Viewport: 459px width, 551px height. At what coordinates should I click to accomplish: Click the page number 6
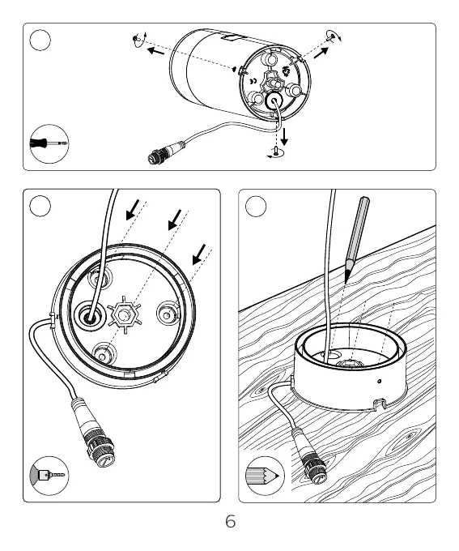(231, 522)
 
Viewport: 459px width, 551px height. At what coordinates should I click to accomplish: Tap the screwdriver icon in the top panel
(49, 143)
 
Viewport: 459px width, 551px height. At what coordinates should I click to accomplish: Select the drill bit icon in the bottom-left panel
(51, 475)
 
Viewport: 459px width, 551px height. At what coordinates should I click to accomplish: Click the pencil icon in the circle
(262, 476)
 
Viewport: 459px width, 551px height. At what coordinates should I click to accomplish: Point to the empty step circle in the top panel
(40, 40)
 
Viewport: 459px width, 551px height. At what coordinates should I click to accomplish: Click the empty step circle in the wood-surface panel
(256, 207)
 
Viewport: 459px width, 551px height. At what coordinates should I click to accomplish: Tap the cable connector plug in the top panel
(166, 153)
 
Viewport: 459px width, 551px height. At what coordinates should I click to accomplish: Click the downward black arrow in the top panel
(284, 137)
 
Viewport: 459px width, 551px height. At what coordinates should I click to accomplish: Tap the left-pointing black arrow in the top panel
(155, 51)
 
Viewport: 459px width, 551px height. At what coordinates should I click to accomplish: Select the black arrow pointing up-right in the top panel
(321, 53)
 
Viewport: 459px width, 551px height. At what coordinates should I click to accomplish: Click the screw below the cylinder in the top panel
(276, 152)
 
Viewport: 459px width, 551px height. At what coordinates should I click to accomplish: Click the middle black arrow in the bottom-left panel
(175, 220)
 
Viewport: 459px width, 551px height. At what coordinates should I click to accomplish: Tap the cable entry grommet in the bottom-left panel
(90, 315)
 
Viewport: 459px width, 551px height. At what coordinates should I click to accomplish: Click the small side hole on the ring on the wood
(379, 381)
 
